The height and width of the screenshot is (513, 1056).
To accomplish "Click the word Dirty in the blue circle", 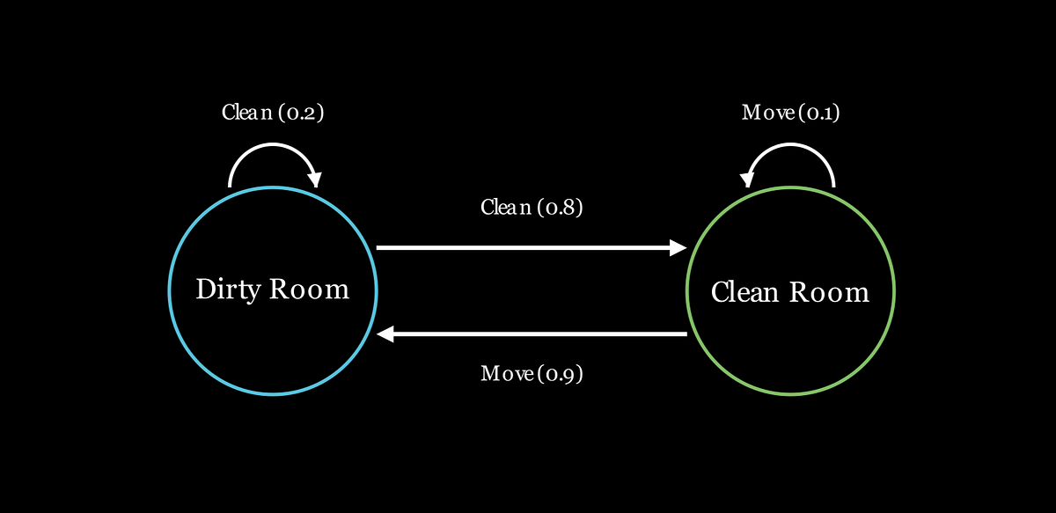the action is (228, 289).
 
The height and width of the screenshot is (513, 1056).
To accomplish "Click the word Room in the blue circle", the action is (309, 289).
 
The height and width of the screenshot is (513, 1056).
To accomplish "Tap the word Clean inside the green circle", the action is (744, 292).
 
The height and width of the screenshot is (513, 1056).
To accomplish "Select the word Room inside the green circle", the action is (829, 292).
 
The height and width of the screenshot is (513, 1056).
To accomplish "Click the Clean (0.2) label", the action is (273, 113).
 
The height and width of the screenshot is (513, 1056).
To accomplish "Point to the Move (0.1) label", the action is (790, 113).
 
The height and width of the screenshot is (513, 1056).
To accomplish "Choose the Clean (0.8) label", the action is (532, 208).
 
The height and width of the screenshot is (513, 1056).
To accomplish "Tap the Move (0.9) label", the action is (532, 374).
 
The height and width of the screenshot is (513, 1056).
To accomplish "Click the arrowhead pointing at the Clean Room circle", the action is (678, 247).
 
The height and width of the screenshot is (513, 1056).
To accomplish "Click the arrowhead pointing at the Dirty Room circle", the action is (385, 333).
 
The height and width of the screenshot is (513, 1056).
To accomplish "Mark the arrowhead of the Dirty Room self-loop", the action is (315, 180).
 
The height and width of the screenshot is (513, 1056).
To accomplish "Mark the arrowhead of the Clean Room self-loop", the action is (747, 180).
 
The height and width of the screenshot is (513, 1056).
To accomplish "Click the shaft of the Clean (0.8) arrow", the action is (524, 247).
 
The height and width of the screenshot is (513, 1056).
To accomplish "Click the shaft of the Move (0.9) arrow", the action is (540, 333).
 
